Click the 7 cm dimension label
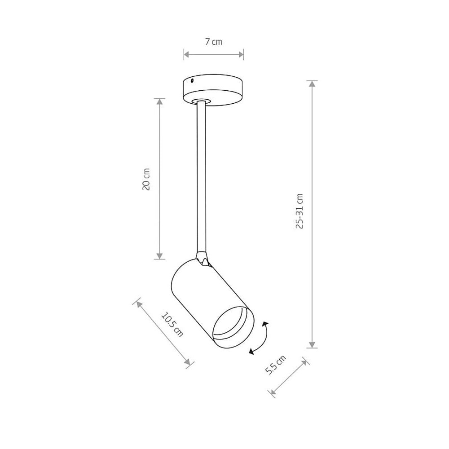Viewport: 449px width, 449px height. [214, 42]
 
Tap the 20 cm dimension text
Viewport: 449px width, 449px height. [146, 179]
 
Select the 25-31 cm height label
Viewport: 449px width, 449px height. [299, 211]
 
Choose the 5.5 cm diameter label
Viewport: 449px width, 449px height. [276, 365]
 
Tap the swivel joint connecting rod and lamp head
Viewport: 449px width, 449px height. [202, 258]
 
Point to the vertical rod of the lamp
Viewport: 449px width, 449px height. [201, 177]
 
